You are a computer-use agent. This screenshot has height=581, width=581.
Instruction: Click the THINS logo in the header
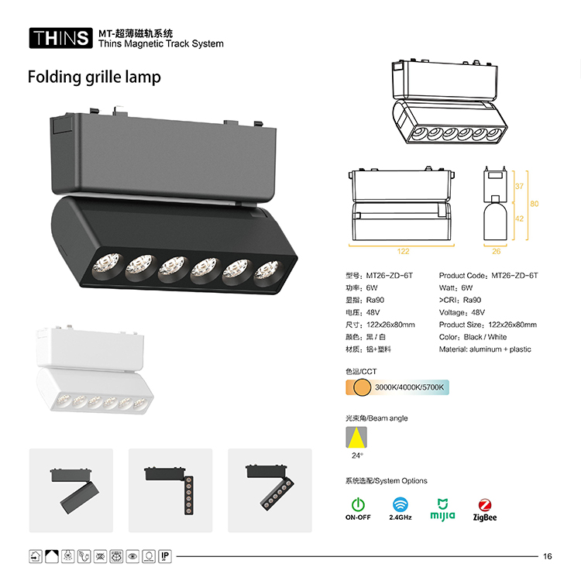[x=60, y=38]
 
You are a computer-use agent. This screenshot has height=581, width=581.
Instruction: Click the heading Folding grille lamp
[x=95, y=77]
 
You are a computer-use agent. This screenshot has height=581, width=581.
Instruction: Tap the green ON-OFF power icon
[x=358, y=504]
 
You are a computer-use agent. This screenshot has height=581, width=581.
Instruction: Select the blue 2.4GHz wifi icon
[x=401, y=504]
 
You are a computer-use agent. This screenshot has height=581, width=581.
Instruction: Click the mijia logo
[x=442, y=510]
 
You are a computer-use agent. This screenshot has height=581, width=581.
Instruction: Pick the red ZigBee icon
[x=485, y=504]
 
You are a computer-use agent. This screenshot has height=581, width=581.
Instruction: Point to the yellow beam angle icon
[x=356, y=437]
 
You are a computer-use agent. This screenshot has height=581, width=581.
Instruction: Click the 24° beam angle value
[x=357, y=456]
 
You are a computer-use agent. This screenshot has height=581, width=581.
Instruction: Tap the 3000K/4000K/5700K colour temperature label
[x=409, y=387]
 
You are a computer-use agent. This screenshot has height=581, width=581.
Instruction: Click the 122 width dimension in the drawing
[x=403, y=251]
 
